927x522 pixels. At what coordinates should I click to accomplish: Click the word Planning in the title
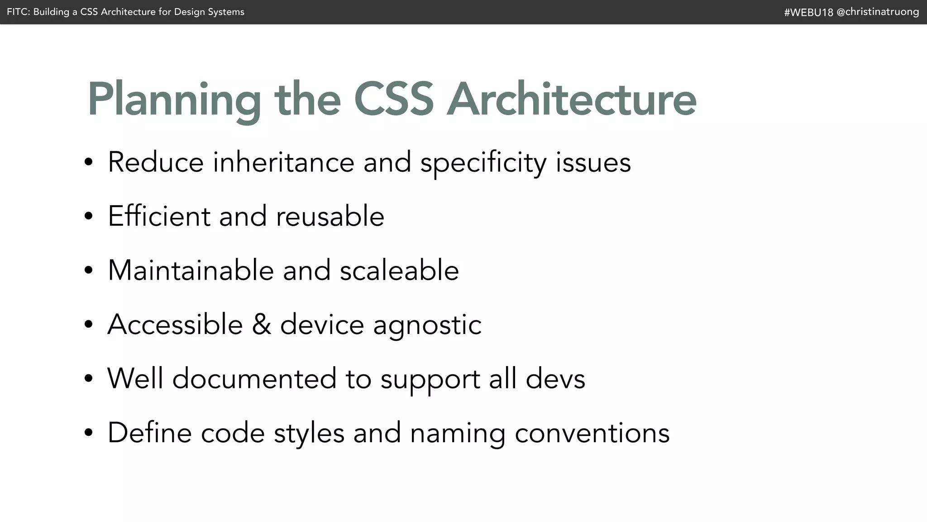(x=174, y=100)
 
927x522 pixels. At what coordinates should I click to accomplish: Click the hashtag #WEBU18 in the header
(x=808, y=12)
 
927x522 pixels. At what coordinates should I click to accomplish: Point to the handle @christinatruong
(x=878, y=12)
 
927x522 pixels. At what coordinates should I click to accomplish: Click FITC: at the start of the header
(x=18, y=12)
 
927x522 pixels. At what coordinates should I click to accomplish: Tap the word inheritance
(x=283, y=162)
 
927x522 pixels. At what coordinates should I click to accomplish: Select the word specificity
(x=483, y=163)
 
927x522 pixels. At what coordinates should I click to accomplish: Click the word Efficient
(x=159, y=216)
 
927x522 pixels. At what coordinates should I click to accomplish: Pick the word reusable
(x=330, y=216)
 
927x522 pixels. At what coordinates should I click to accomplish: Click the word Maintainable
(x=191, y=270)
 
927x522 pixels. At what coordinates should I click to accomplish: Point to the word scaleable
(x=399, y=270)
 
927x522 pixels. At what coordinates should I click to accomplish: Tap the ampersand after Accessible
(x=261, y=324)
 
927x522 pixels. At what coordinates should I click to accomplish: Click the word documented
(x=254, y=378)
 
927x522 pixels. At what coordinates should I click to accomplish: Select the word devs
(x=555, y=378)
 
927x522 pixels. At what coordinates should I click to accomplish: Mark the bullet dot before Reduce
(x=88, y=162)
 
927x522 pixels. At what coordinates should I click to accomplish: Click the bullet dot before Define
(x=88, y=433)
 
